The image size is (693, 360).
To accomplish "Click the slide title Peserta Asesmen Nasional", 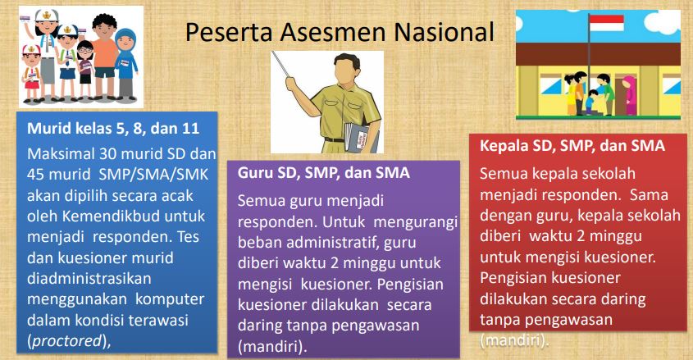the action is (340, 32).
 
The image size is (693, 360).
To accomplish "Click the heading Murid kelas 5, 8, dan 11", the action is (113, 129).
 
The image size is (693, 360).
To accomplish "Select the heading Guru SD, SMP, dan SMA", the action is (323, 173).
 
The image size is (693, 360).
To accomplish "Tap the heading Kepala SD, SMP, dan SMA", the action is (572, 146).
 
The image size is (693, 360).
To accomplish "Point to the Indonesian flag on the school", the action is (606, 23).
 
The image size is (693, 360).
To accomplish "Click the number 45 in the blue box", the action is (36, 175).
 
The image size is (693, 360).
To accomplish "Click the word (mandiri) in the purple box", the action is (271, 346).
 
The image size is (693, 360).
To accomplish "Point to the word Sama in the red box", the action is (649, 195).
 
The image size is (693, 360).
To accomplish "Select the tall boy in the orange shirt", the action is (105, 56).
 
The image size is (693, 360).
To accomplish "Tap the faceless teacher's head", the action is (347, 70).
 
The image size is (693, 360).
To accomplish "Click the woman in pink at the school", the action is (628, 95).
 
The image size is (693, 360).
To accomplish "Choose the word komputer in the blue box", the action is (170, 299).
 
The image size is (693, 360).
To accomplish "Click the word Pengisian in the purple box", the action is (410, 284).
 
